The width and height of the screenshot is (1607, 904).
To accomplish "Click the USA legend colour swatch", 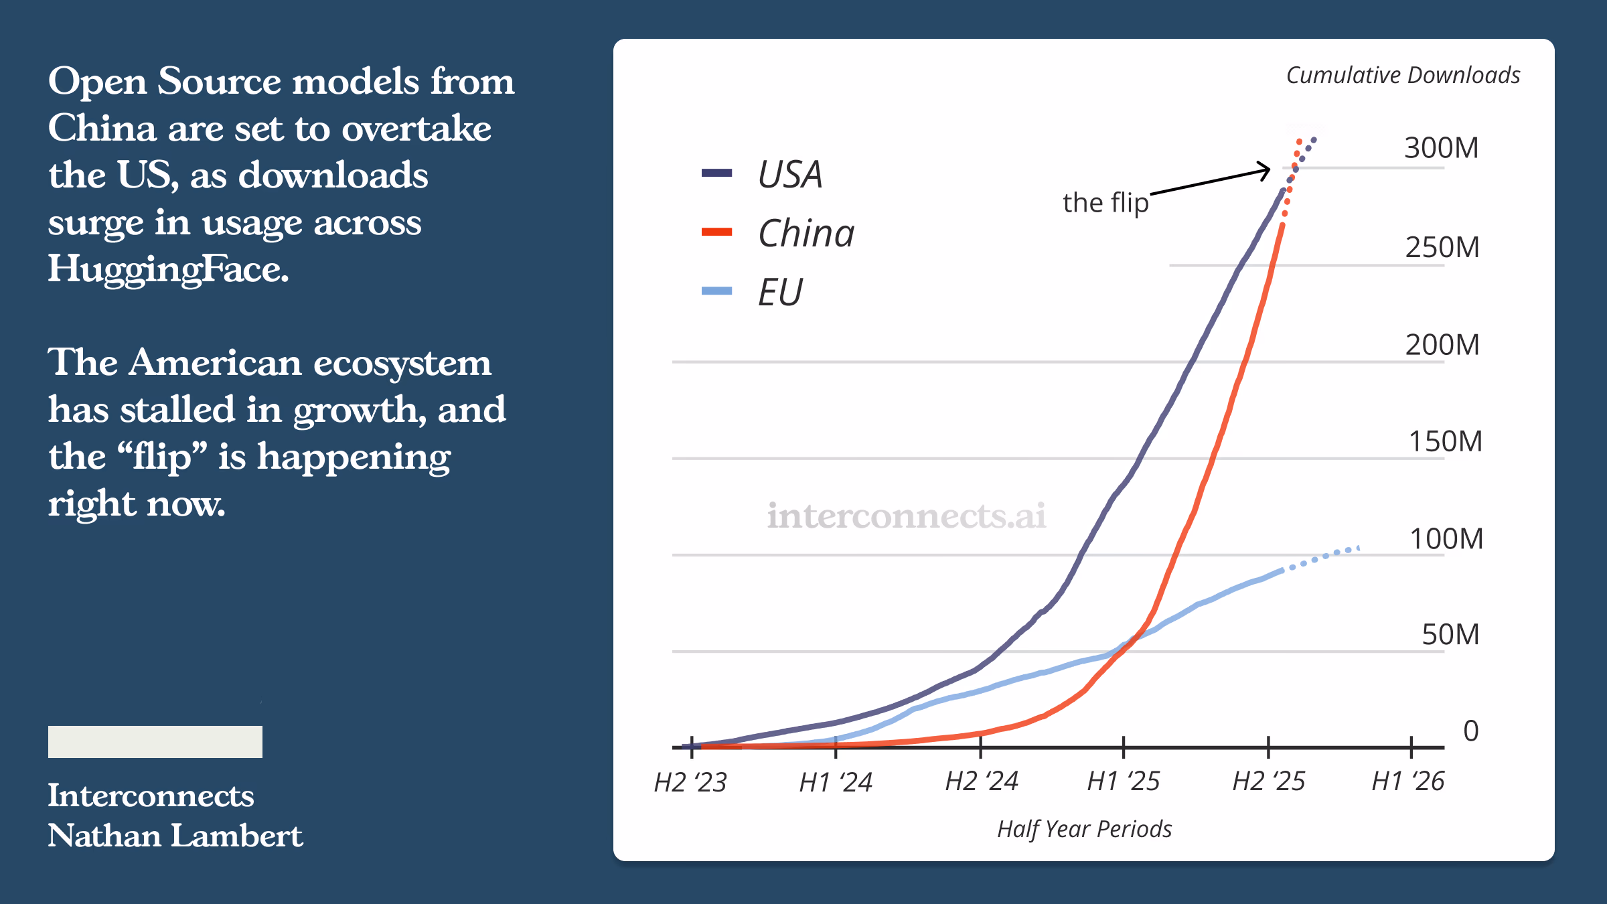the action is click(x=716, y=173).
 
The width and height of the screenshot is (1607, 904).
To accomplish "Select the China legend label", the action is click(x=806, y=233).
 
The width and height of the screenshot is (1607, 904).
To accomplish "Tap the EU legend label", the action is click(x=780, y=292).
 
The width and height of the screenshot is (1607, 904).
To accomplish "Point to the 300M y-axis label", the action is click(x=1441, y=148).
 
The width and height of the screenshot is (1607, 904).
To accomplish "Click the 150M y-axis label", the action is click(x=1445, y=442).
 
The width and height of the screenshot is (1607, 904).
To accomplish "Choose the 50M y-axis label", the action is click(x=1450, y=634).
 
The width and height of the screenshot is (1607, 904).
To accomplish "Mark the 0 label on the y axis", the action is click(x=1470, y=731).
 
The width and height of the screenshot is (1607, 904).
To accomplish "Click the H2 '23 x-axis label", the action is click(x=690, y=781).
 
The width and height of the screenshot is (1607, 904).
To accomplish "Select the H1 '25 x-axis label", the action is click(x=1124, y=781).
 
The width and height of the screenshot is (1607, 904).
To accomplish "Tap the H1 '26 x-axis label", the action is click(x=1408, y=781).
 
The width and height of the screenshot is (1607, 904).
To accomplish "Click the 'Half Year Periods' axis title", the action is click(x=1085, y=829).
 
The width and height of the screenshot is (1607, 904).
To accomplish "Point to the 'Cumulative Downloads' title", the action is click(x=1403, y=75).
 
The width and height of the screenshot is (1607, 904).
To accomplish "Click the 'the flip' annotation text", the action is click(x=1105, y=202).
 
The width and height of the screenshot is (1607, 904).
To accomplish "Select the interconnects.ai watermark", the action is click(x=906, y=516).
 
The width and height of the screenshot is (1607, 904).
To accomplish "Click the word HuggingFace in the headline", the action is click(x=168, y=270).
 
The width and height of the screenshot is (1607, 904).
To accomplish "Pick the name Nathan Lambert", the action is click(x=175, y=836).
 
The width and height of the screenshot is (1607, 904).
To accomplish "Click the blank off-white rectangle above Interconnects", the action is click(x=155, y=742).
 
